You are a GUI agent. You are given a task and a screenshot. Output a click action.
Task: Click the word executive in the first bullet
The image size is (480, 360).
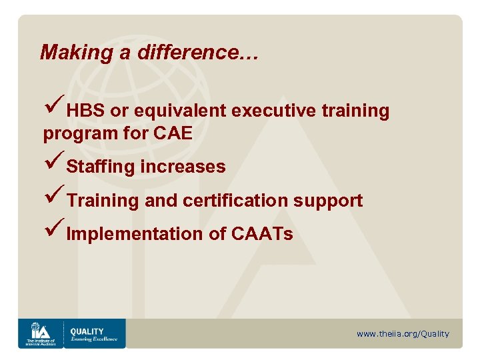[x=274, y=111]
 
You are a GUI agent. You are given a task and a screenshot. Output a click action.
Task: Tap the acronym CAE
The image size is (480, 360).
[x=173, y=133]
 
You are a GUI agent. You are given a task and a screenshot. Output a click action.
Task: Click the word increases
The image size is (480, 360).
[x=183, y=167]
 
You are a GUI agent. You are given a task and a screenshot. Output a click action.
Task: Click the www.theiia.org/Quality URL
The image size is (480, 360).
[x=403, y=334]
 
